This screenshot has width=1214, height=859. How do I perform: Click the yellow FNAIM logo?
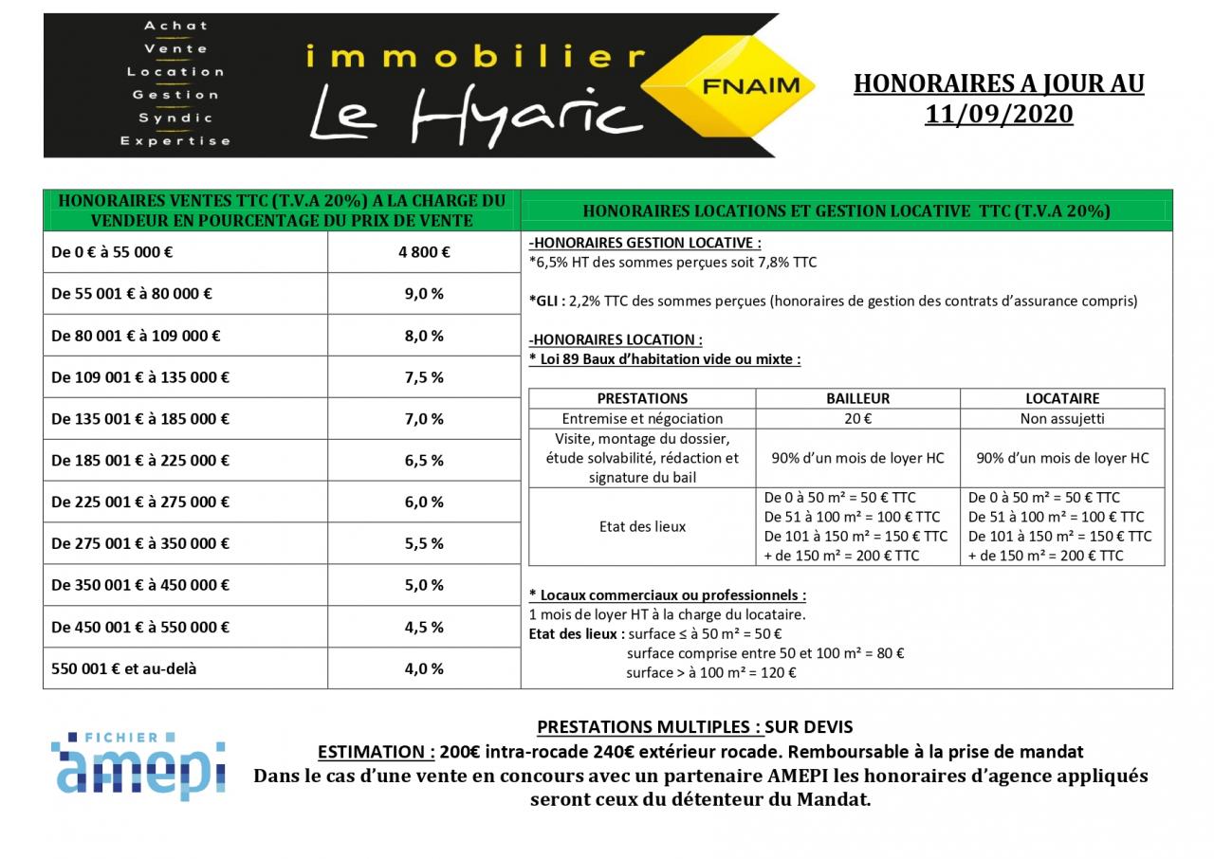pyautogui.click(x=749, y=86)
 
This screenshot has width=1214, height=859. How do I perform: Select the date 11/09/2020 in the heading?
pyautogui.click(x=999, y=115)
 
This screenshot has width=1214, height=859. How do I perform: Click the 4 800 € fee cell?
pyautogui.click(x=424, y=252)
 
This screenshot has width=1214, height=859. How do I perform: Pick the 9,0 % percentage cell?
pyautogui.click(x=424, y=294)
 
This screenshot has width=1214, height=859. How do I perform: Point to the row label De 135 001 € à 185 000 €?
pyautogui.click(x=140, y=419)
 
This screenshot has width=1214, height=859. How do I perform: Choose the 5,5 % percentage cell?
pyautogui.click(x=424, y=544)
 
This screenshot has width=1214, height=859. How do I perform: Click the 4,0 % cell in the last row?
pyautogui.click(x=424, y=669)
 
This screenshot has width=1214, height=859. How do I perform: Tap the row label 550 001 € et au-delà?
pyautogui.click(x=124, y=669)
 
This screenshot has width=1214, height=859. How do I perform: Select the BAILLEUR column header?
pyautogui.click(x=857, y=398)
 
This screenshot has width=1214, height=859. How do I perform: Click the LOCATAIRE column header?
pyautogui.click(x=1062, y=398)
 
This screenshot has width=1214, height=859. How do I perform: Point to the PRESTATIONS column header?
pyautogui.click(x=642, y=398)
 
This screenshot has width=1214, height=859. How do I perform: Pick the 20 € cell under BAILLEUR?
pyautogui.click(x=857, y=418)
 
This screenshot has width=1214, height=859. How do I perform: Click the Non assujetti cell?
pyautogui.click(x=1062, y=418)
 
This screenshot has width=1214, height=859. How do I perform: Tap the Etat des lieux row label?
pyautogui.click(x=642, y=526)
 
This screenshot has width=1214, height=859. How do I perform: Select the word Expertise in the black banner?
pyautogui.click(x=175, y=141)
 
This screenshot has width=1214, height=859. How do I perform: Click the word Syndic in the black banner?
pyautogui.click(x=175, y=119)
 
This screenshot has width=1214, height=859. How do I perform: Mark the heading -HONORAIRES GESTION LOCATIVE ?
pyautogui.click(x=645, y=243)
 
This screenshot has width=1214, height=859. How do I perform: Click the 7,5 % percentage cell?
pyautogui.click(x=424, y=377)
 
